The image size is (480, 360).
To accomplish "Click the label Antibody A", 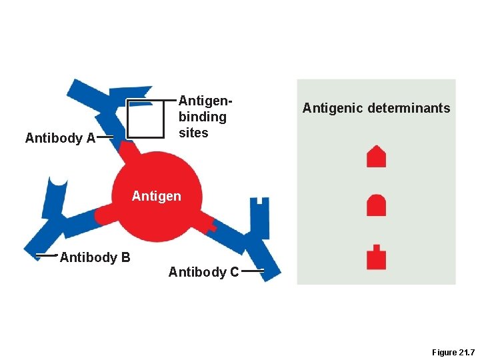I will click(60, 139).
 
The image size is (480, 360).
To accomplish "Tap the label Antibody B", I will click(95, 257).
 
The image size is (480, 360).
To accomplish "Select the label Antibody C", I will click(203, 272).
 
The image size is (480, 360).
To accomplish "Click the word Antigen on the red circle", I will click(156, 197).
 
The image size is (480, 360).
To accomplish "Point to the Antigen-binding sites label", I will click(203, 117).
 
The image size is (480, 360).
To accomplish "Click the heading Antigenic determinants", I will click(376, 108).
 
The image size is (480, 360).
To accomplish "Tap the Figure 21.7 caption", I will click(452, 352).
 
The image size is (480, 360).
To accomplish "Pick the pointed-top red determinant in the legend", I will click(377, 157).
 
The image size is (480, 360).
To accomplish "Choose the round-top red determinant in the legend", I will click(377, 205).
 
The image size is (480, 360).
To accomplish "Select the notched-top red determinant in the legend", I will click(377, 257).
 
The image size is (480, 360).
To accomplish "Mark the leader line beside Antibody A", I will click(105, 138).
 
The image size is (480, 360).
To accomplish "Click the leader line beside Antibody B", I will click(46, 255).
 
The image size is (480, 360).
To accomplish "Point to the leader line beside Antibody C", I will click(253, 271).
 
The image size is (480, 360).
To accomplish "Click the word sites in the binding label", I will click(193, 133).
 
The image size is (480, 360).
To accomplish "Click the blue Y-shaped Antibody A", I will click(107, 110).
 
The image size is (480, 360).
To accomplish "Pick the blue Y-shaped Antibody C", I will click(250, 237).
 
